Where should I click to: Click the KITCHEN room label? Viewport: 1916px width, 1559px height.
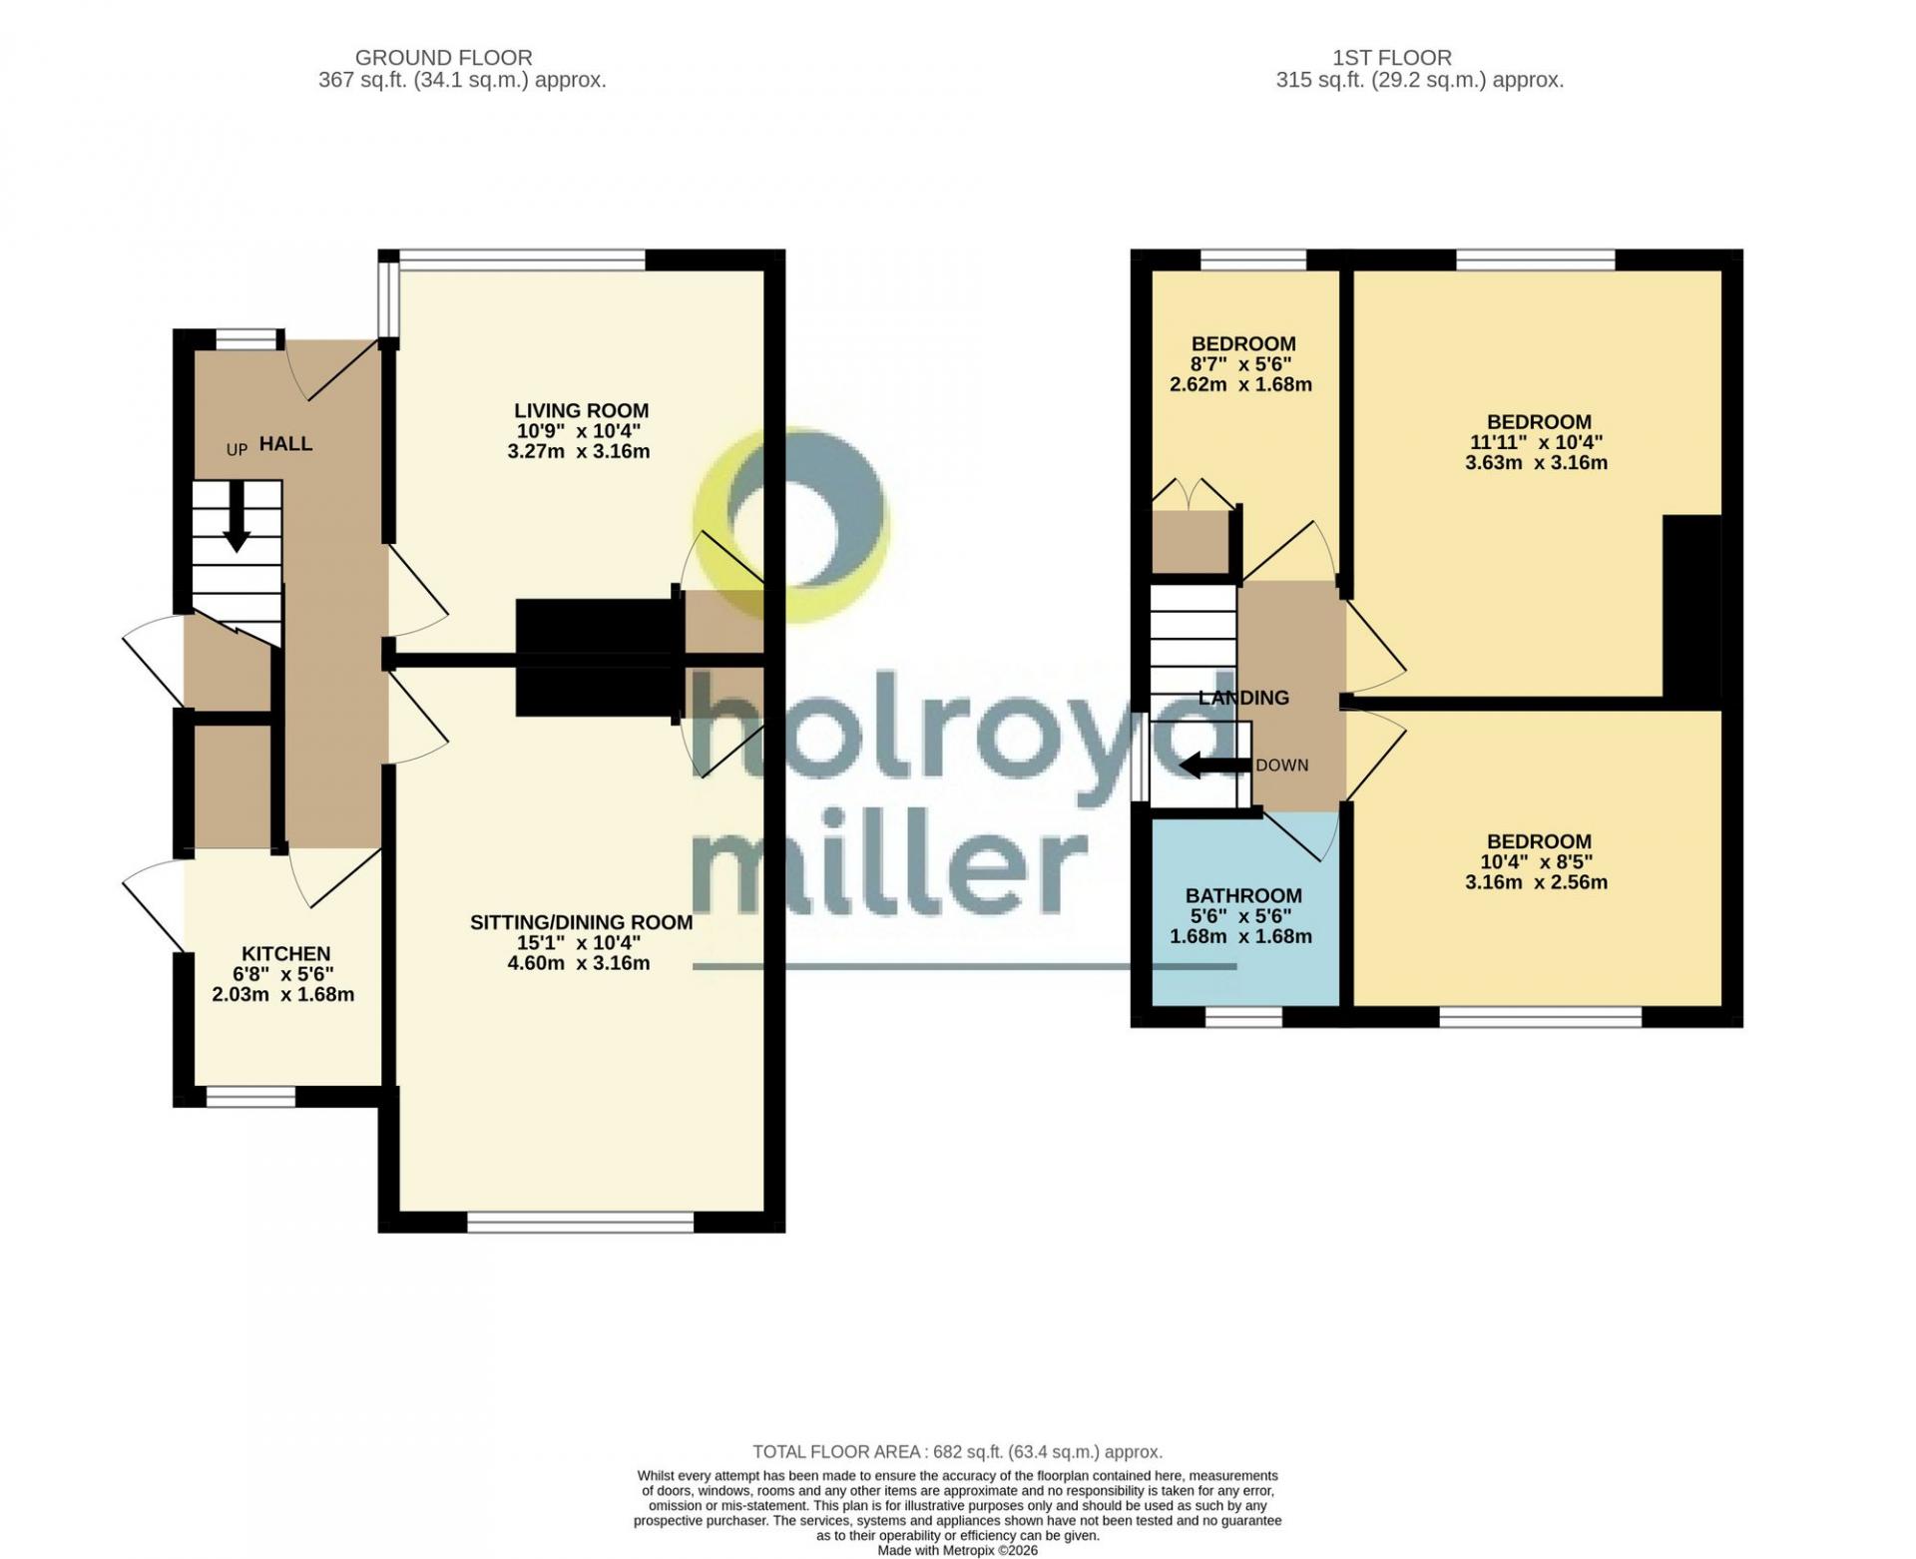coord(285,953)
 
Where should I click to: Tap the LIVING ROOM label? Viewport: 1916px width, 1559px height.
coord(581,410)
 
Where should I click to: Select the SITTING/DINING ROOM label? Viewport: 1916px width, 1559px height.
coord(581,922)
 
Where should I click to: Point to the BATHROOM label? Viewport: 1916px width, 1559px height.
coord(1243,895)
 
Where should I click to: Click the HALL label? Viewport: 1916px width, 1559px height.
coord(286,443)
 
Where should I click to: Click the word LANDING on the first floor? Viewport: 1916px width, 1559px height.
coord(1243,698)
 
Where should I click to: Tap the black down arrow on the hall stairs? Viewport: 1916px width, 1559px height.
coord(237,517)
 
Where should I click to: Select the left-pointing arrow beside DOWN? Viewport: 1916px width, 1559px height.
coord(1214,766)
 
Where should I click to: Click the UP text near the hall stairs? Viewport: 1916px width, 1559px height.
coord(237,449)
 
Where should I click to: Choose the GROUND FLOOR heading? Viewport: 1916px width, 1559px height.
coord(443,58)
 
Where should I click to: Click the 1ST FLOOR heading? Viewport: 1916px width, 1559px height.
coord(1392,58)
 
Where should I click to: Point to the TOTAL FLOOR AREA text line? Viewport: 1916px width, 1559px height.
coord(958,1452)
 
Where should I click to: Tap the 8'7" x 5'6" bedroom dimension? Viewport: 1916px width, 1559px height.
coord(1243,364)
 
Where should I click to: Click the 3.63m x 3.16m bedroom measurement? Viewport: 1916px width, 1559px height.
coord(1537,462)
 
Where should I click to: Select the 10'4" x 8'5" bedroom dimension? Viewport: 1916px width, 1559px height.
coord(1537,861)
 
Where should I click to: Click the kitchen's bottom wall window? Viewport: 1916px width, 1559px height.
coord(251,1097)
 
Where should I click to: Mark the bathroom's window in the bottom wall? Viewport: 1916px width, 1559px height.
coord(1243,1017)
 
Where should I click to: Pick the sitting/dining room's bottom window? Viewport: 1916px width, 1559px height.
coord(581,1222)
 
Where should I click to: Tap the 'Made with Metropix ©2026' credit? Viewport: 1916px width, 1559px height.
coord(958,1551)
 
